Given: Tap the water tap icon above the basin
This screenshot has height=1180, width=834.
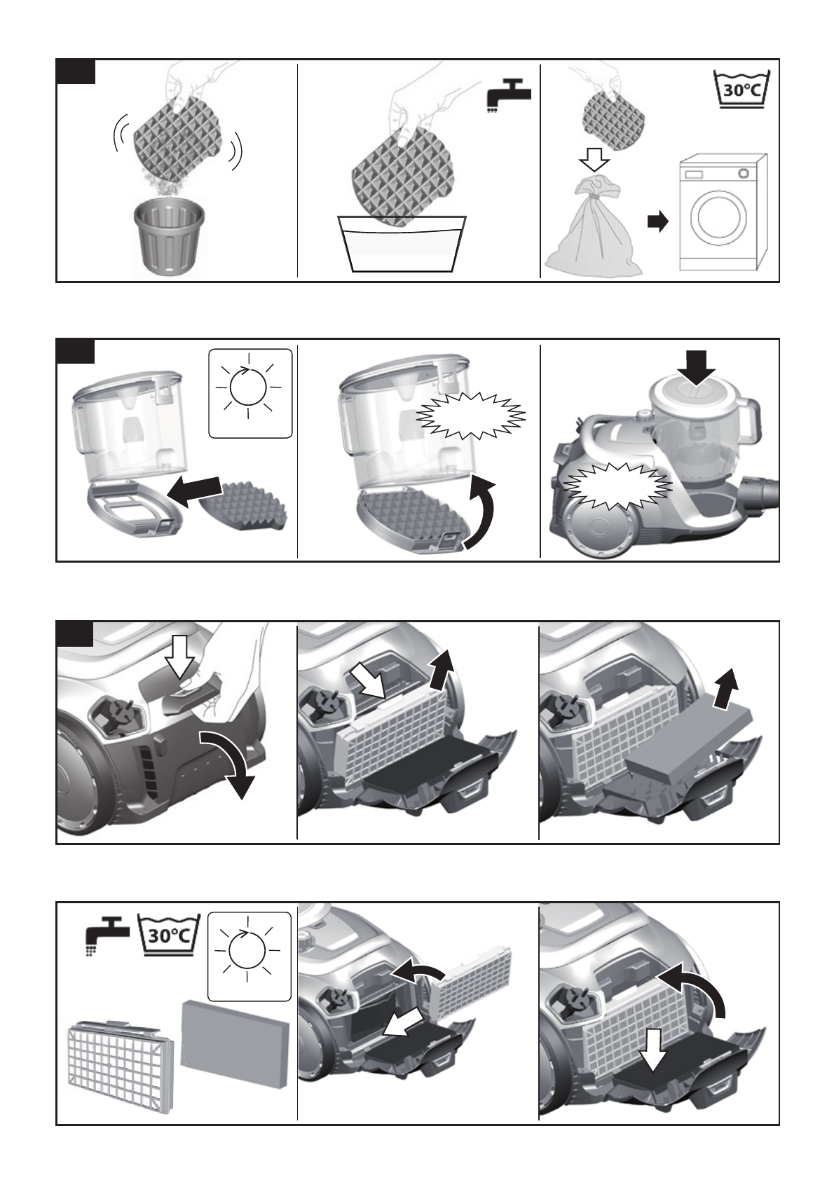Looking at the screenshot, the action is point(508,96).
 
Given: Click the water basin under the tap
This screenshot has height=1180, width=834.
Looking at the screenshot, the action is point(401,244).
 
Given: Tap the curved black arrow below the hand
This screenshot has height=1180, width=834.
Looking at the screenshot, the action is point(228,759).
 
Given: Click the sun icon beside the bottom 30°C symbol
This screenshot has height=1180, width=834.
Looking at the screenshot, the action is point(249,956).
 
